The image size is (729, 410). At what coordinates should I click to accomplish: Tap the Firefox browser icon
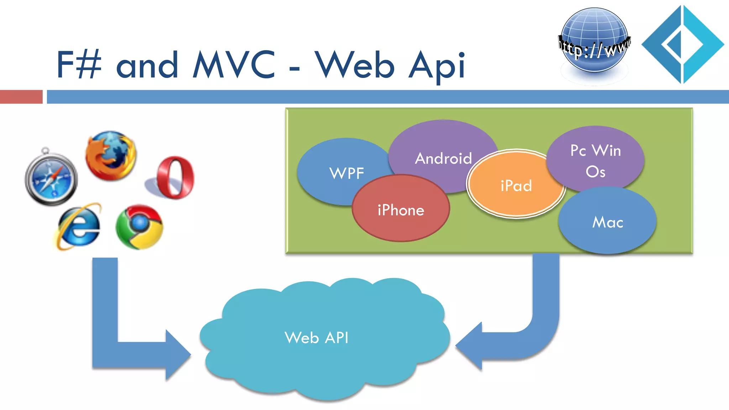(111, 156)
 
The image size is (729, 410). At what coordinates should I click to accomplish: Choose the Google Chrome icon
(140, 227)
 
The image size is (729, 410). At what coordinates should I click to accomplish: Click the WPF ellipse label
(347, 173)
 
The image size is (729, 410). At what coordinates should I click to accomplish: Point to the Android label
(443, 158)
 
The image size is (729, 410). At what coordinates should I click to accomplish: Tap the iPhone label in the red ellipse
(401, 210)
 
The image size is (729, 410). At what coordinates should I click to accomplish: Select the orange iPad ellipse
(516, 185)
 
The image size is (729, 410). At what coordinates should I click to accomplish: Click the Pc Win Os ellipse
(596, 161)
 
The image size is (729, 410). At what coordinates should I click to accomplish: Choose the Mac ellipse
(608, 222)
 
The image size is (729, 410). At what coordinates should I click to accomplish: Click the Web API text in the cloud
(316, 337)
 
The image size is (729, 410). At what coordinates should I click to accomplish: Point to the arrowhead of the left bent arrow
(178, 355)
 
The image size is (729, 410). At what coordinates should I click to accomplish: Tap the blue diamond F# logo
(682, 44)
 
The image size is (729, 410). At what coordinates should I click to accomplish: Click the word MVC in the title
(234, 64)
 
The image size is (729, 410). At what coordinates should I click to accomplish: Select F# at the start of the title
(79, 64)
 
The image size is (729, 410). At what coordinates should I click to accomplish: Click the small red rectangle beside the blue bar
(21, 97)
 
